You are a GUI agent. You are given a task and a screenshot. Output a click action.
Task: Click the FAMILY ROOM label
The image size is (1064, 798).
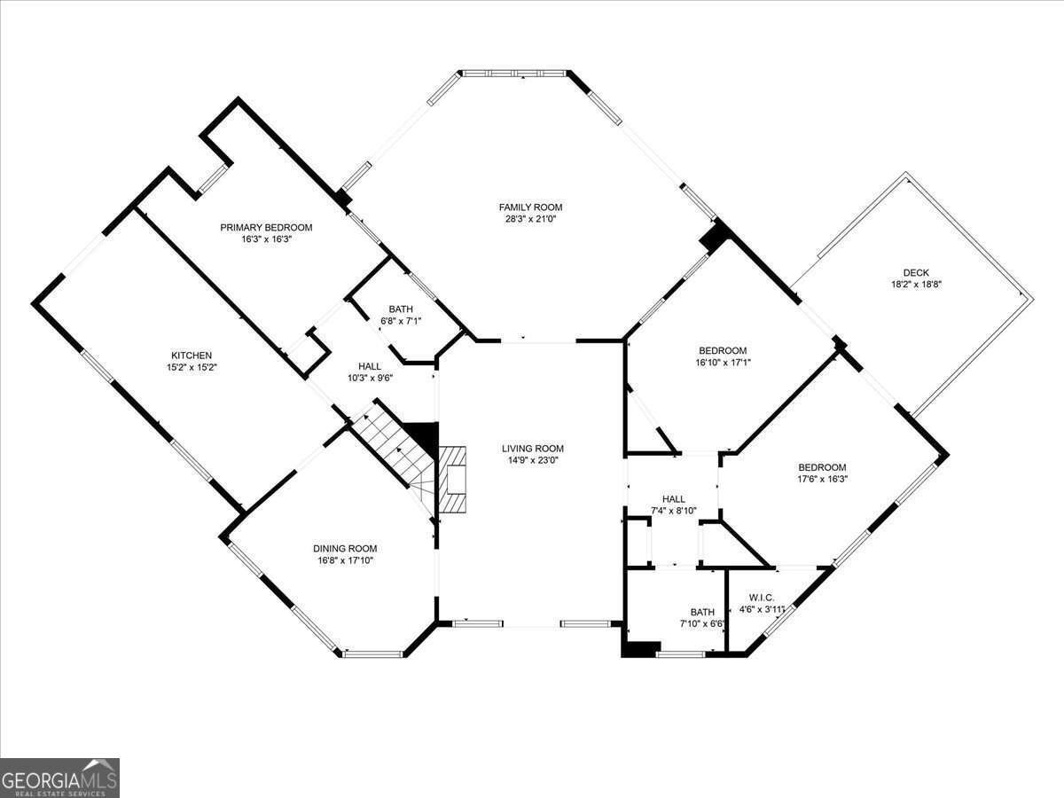pyautogui.click(x=530, y=207)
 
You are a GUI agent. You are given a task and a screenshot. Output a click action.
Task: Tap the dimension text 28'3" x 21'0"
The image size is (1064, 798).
pyautogui.click(x=530, y=218)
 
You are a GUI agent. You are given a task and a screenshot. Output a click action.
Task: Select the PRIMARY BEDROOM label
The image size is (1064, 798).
pyautogui.click(x=266, y=228)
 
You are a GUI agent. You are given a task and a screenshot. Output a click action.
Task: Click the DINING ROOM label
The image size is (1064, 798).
pyautogui.click(x=344, y=548)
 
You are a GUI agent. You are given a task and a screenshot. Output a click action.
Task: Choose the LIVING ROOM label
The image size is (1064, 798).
pyautogui.click(x=532, y=449)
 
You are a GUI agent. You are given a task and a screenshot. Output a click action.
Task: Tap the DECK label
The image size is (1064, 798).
pyautogui.click(x=915, y=273)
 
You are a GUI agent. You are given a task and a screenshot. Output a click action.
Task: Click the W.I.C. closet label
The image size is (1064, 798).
pyautogui.click(x=755, y=598)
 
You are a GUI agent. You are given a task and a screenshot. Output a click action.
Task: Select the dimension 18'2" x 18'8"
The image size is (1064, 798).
pyautogui.click(x=915, y=285)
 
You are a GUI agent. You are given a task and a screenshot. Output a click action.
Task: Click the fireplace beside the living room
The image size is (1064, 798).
pyautogui.click(x=455, y=480)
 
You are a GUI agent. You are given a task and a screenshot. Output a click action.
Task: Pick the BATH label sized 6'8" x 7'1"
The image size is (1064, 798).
pyautogui.click(x=400, y=309)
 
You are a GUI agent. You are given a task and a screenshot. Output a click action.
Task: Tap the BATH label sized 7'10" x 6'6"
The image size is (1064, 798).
pyautogui.click(x=702, y=612)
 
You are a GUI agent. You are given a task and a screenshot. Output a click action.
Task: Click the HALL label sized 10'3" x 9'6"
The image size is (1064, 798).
pyautogui.click(x=369, y=366)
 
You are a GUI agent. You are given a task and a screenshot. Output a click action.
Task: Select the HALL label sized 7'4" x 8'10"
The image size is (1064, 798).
pyautogui.click(x=673, y=499)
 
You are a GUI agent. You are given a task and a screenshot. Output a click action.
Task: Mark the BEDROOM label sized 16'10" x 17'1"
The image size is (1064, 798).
pyautogui.click(x=722, y=350)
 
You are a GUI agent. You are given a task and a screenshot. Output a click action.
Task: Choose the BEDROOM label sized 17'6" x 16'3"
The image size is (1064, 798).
pyautogui.click(x=822, y=467)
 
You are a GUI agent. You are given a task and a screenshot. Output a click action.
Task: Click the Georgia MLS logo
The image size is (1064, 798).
pyautogui.click(x=59, y=778)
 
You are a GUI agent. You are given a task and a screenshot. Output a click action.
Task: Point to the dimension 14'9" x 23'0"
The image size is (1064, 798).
pyautogui.click(x=532, y=460)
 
